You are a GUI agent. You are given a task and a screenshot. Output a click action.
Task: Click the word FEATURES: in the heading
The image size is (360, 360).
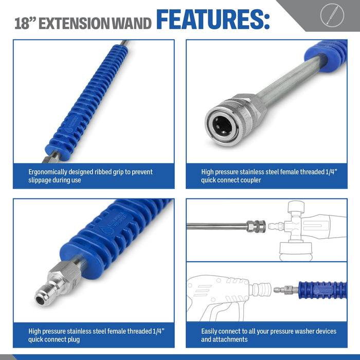[213, 20]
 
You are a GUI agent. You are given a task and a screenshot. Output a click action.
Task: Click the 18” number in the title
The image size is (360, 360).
[25, 23]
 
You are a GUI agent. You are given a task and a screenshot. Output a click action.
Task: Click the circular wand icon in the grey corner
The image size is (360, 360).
[332, 15]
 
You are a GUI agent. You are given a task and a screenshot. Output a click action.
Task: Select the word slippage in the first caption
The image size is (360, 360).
[39, 180]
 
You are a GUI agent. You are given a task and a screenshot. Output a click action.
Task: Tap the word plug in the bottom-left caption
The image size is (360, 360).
[73, 339]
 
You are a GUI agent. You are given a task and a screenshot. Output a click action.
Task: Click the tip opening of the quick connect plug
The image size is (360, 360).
[41, 300]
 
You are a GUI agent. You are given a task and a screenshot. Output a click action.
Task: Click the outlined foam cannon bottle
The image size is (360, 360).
[296, 251]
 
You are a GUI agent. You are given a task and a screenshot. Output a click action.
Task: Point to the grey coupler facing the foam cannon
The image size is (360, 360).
[257, 226]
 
